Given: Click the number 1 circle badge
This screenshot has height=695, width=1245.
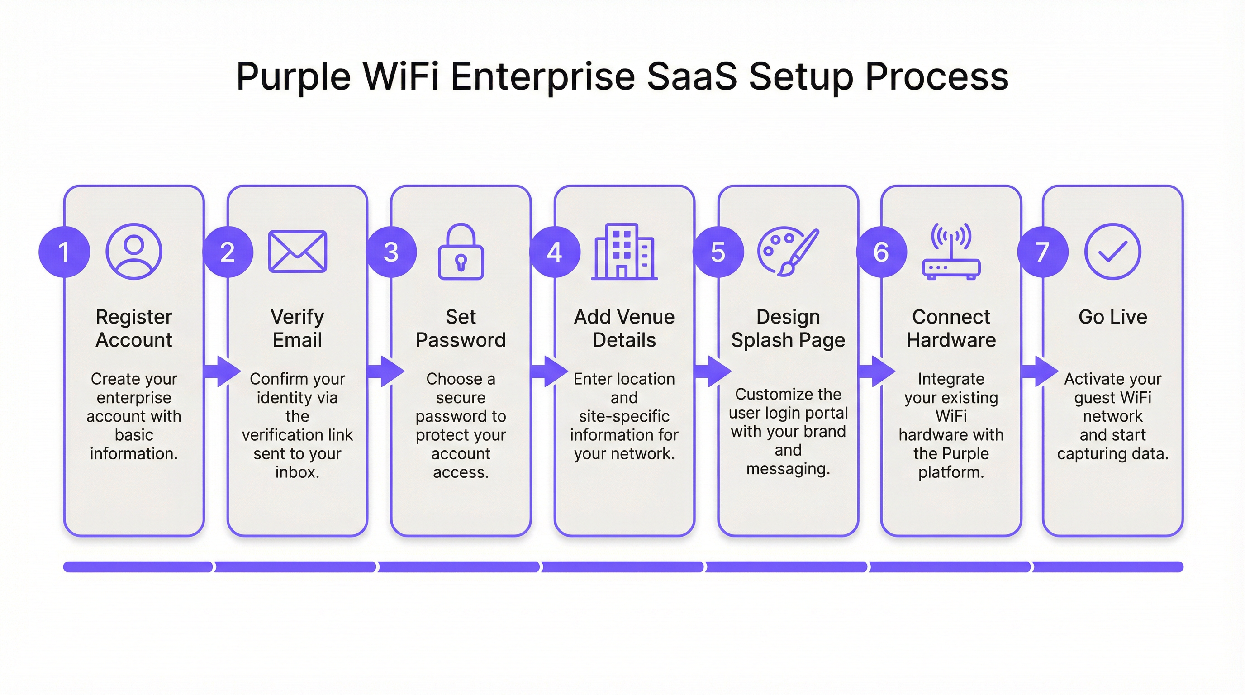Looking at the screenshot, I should tap(64, 252).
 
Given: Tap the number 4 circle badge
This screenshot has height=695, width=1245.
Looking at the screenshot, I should tap(554, 252).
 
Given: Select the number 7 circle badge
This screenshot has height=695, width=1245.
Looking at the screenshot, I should tap(1042, 252).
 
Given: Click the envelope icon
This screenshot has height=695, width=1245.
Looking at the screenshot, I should tap(297, 251).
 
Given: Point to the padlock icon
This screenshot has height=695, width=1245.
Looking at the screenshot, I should tap(461, 252).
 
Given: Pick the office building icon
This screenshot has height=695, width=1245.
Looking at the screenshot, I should tap(624, 252).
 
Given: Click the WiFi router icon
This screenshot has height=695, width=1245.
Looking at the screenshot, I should tap(950, 252).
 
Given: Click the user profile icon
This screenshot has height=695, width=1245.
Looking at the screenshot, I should tap(134, 251).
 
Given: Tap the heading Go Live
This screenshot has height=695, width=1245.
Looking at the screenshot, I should tap(1112, 317).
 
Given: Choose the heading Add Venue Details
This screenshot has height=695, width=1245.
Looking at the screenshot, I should tap(624, 328).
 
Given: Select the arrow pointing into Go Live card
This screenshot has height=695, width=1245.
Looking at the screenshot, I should tap(1039, 371).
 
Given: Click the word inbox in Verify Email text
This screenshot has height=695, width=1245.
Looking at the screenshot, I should tap(297, 472).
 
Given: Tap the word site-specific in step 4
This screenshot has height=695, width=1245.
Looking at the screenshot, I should tap(624, 416).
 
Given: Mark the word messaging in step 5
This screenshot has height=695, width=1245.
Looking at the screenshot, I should tap(788, 469).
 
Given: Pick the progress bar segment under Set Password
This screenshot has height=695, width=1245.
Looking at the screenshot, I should tap(459, 566).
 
